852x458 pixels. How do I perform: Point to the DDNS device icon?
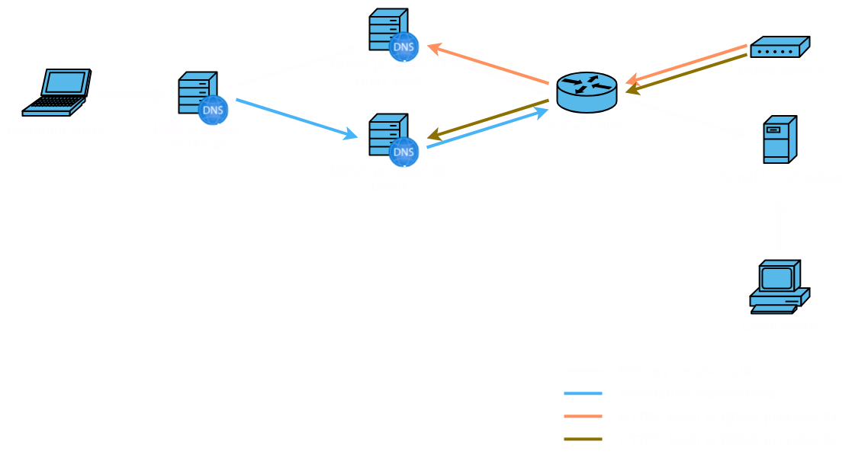pyautogui.click(x=779, y=49)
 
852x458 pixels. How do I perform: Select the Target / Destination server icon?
pyautogui.click(x=780, y=139)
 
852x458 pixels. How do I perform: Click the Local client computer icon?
pyautogui.click(x=779, y=287)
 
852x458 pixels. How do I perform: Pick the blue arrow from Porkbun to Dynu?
pyautogui.click(x=297, y=118)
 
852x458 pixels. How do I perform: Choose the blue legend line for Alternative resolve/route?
pyautogui.click(x=584, y=394)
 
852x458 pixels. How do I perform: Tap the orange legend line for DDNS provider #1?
pyautogui.click(x=584, y=417)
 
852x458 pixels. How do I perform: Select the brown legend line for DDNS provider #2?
pyautogui.click(x=584, y=440)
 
